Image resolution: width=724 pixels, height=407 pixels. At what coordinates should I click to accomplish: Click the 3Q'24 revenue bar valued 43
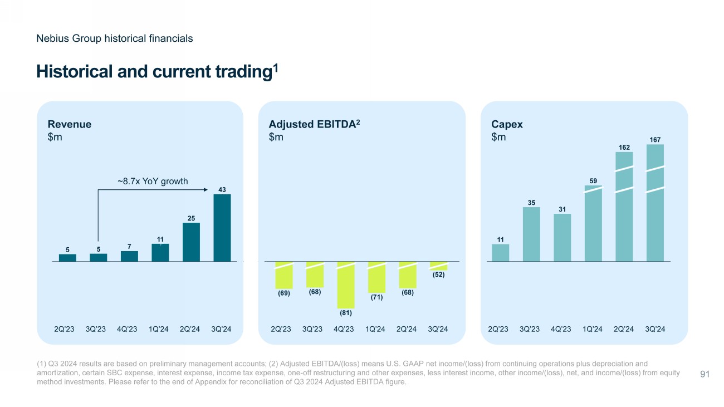point(222,228)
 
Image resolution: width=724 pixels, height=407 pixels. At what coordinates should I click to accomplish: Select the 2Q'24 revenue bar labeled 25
point(191,242)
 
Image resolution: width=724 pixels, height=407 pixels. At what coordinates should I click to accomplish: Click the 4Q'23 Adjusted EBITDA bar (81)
point(346,285)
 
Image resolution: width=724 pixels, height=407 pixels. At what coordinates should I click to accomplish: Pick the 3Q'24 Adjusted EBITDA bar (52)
point(438,266)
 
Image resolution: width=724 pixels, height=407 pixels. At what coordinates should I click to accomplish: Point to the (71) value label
point(376,297)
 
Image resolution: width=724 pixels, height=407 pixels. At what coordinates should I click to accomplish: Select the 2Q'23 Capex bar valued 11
point(500,253)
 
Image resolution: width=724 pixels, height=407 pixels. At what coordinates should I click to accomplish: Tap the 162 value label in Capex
point(624,148)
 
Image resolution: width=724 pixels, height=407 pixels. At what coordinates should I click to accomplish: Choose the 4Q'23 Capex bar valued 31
point(562,238)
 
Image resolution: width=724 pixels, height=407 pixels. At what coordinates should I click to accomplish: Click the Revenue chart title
point(70,125)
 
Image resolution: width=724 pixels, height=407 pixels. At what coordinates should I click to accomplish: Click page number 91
point(704,375)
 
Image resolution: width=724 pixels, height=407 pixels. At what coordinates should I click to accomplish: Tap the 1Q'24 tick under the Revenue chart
point(160,329)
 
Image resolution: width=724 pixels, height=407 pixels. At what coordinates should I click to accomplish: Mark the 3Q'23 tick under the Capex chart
point(531,329)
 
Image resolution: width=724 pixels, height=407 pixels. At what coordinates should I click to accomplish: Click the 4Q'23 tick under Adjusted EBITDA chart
point(344,329)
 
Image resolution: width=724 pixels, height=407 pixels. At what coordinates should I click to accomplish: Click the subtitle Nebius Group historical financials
point(114,38)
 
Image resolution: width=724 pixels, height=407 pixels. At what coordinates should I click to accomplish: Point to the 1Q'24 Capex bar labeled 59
point(593,223)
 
